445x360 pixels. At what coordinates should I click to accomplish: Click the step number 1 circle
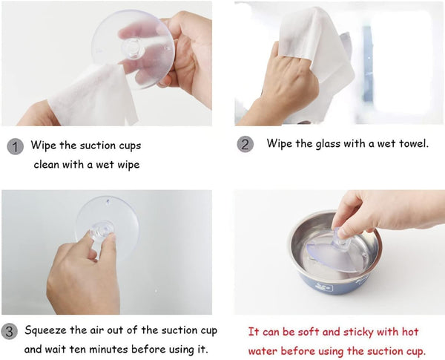15,147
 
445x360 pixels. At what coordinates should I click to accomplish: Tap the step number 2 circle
245,144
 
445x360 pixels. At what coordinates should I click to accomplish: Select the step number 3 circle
9,332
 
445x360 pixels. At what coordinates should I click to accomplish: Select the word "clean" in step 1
47,165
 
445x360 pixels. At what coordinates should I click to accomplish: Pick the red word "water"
263,351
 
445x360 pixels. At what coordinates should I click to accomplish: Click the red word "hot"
410,332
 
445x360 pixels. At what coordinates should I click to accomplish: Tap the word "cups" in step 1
130,146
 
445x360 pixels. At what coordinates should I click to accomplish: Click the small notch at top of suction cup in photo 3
108,202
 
